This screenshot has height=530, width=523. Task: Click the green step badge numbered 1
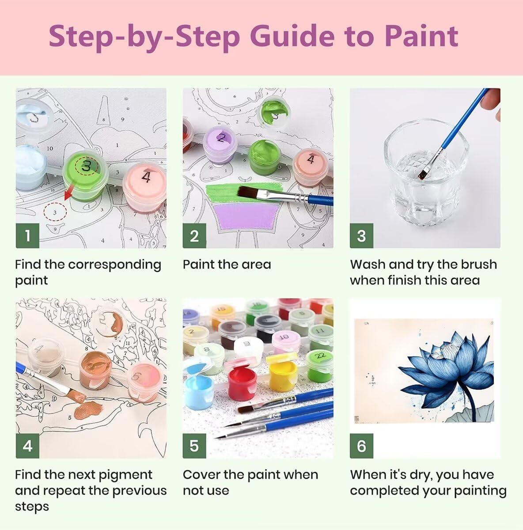coord(27,236)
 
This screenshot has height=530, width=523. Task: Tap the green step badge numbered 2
coord(194,236)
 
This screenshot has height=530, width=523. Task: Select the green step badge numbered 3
coord(361,236)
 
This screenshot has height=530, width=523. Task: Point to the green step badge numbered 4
coord(27,446)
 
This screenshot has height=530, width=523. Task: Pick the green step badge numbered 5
coord(194,446)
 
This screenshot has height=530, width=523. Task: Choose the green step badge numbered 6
coord(361,446)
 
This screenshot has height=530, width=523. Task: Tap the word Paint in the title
coord(421,36)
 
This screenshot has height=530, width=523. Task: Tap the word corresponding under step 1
coord(114,265)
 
